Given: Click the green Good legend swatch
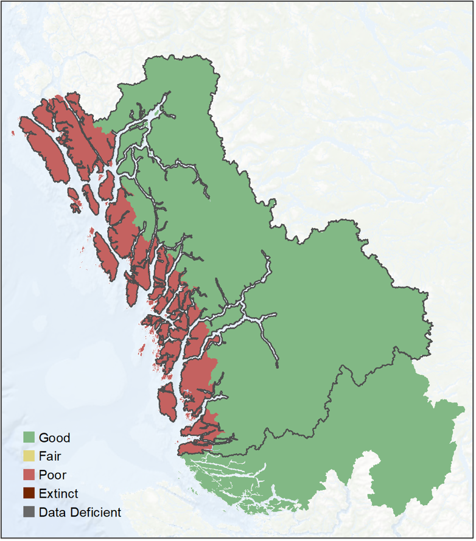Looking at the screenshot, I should pos(29,438).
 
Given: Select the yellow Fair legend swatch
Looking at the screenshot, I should pos(29,456).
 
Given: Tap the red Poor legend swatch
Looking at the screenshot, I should pos(29,475).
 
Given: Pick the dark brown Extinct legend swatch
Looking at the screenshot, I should pos(29,494).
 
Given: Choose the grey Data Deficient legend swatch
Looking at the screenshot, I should pos(29,512).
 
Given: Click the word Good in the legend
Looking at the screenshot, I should pos(54,438).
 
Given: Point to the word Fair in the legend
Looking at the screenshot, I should pos(50,456).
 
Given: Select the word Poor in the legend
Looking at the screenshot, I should pos(52,475).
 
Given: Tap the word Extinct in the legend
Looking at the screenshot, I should pos(58,494).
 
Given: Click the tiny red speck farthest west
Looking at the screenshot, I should pos(13,133).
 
